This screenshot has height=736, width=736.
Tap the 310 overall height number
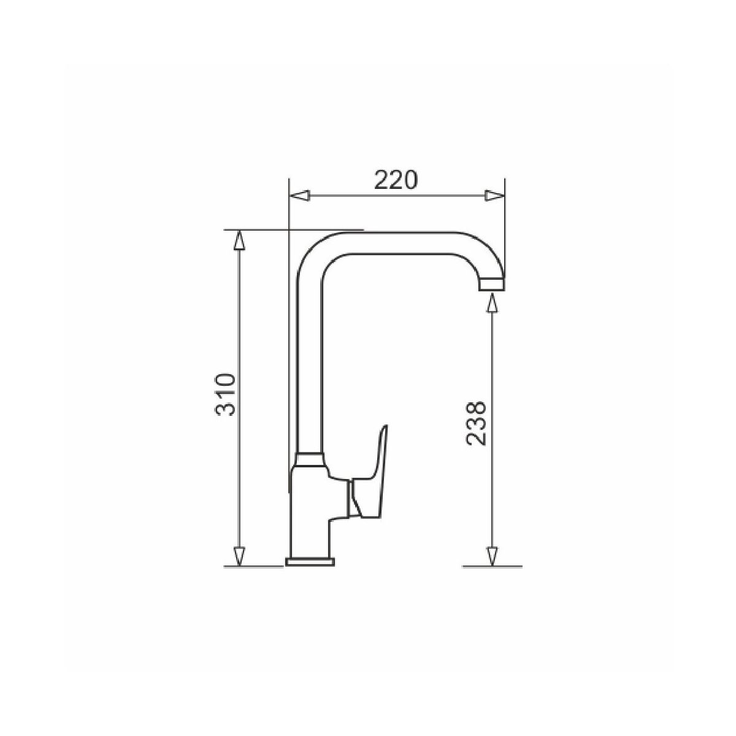[x=225, y=394]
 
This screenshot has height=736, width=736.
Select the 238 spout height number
[x=475, y=423]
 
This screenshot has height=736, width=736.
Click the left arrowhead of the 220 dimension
[x=300, y=196]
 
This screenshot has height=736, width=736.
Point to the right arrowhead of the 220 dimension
[x=494, y=196]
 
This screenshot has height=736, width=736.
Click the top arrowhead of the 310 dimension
[x=239, y=240]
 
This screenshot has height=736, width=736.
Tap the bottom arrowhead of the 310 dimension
[x=239, y=567]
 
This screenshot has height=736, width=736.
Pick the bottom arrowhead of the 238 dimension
[x=493, y=567]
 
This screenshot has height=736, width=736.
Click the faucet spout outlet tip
[x=492, y=284]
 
